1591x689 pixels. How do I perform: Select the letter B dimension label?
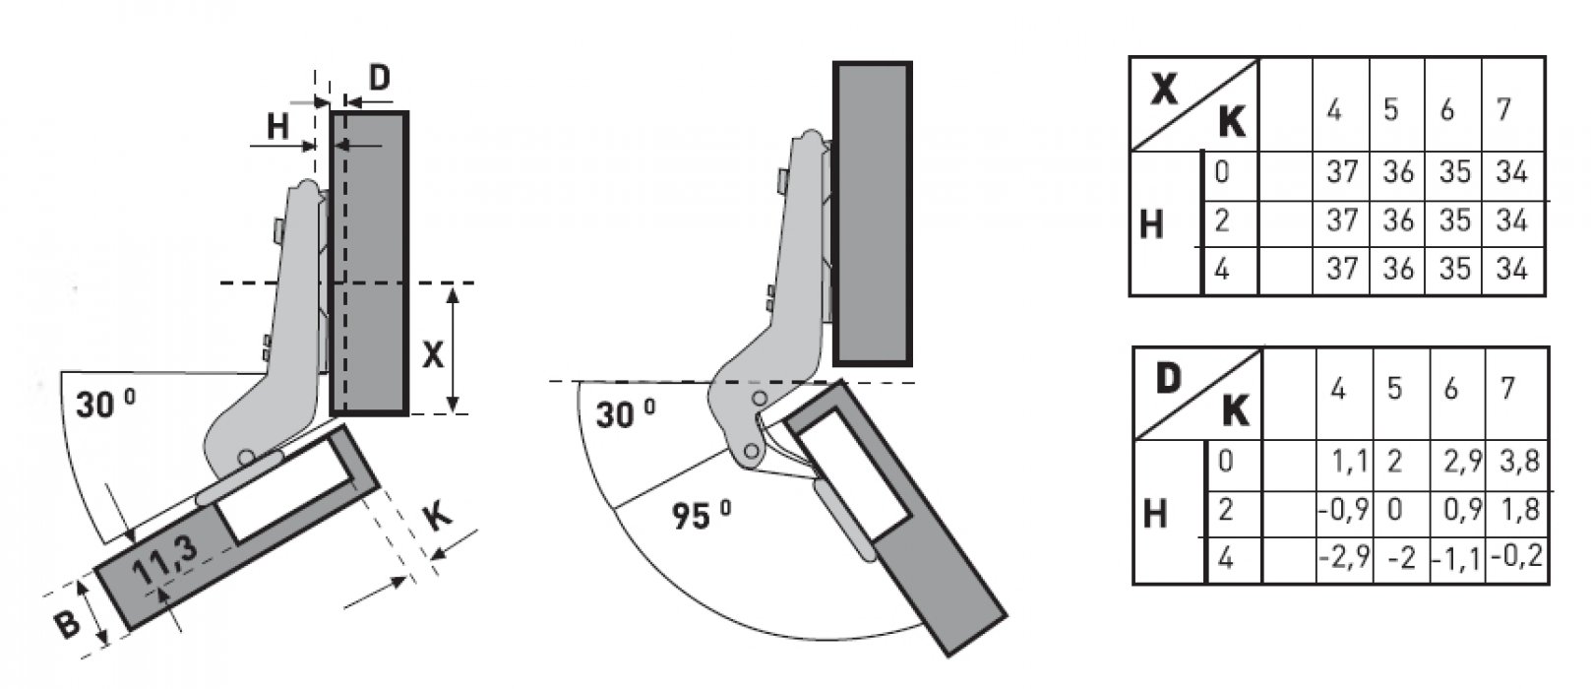(68, 626)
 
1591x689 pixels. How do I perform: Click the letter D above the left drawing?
(380, 78)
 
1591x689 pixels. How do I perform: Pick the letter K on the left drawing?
(438, 517)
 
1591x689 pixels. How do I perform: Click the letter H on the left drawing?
(277, 127)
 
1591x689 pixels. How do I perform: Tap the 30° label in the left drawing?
(105, 405)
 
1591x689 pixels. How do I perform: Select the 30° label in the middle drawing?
(625, 414)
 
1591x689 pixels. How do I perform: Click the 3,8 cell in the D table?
(1519, 462)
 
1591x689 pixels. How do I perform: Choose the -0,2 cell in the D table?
(1517, 555)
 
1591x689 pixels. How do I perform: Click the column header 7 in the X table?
(1502, 110)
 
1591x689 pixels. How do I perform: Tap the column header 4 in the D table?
(1338, 389)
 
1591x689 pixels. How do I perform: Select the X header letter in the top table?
(1164, 90)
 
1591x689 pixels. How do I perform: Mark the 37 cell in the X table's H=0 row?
(1342, 172)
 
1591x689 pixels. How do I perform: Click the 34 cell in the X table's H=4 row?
(1511, 270)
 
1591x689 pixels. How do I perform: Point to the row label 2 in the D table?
(1225, 510)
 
